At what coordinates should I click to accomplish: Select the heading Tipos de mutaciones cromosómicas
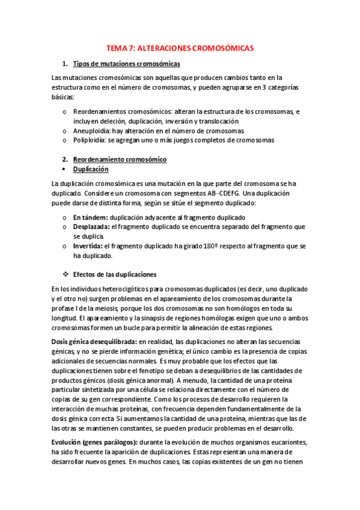pos(126,64)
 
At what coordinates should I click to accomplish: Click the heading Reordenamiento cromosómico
pos(120,159)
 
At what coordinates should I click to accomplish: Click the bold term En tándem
pos(91,217)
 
